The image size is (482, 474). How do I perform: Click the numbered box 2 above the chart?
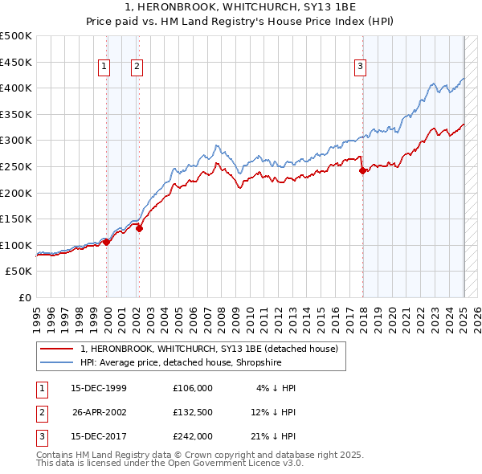(137, 67)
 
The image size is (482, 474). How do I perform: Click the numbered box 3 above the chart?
(361, 67)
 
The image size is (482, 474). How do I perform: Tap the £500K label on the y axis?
(16, 36)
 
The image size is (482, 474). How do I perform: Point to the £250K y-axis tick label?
(16, 166)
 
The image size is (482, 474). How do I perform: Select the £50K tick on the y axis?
(19, 272)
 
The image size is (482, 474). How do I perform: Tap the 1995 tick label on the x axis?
(36, 314)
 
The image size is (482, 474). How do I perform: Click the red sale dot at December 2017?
(362, 170)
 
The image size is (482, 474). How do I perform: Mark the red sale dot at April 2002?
(139, 228)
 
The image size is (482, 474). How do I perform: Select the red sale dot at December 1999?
(107, 242)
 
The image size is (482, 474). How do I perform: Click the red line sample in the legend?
(57, 349)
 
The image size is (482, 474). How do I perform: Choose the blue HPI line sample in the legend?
(57, 362)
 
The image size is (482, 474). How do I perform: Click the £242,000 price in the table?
(193, 436)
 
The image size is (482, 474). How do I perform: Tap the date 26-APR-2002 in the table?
(100, 412)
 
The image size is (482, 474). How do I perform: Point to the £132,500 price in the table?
(193, 412)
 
